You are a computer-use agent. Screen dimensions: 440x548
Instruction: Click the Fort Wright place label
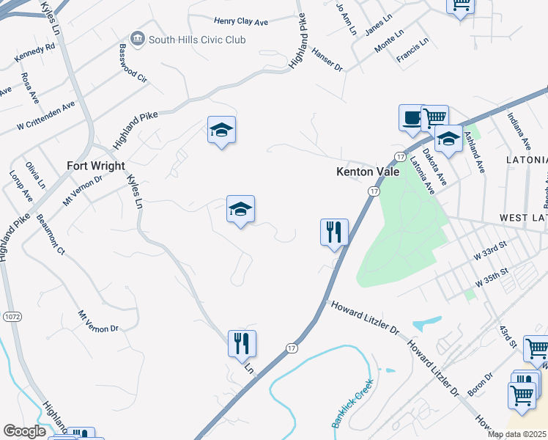96,166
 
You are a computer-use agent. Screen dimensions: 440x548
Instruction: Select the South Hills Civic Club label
197,40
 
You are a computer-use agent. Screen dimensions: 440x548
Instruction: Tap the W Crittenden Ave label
47,117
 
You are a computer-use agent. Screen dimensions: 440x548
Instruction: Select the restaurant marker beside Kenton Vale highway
334,232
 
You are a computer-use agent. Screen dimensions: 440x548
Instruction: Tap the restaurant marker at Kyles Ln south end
242,343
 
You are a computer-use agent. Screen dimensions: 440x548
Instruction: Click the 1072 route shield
12,317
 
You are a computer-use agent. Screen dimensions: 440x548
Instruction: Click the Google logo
24,431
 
